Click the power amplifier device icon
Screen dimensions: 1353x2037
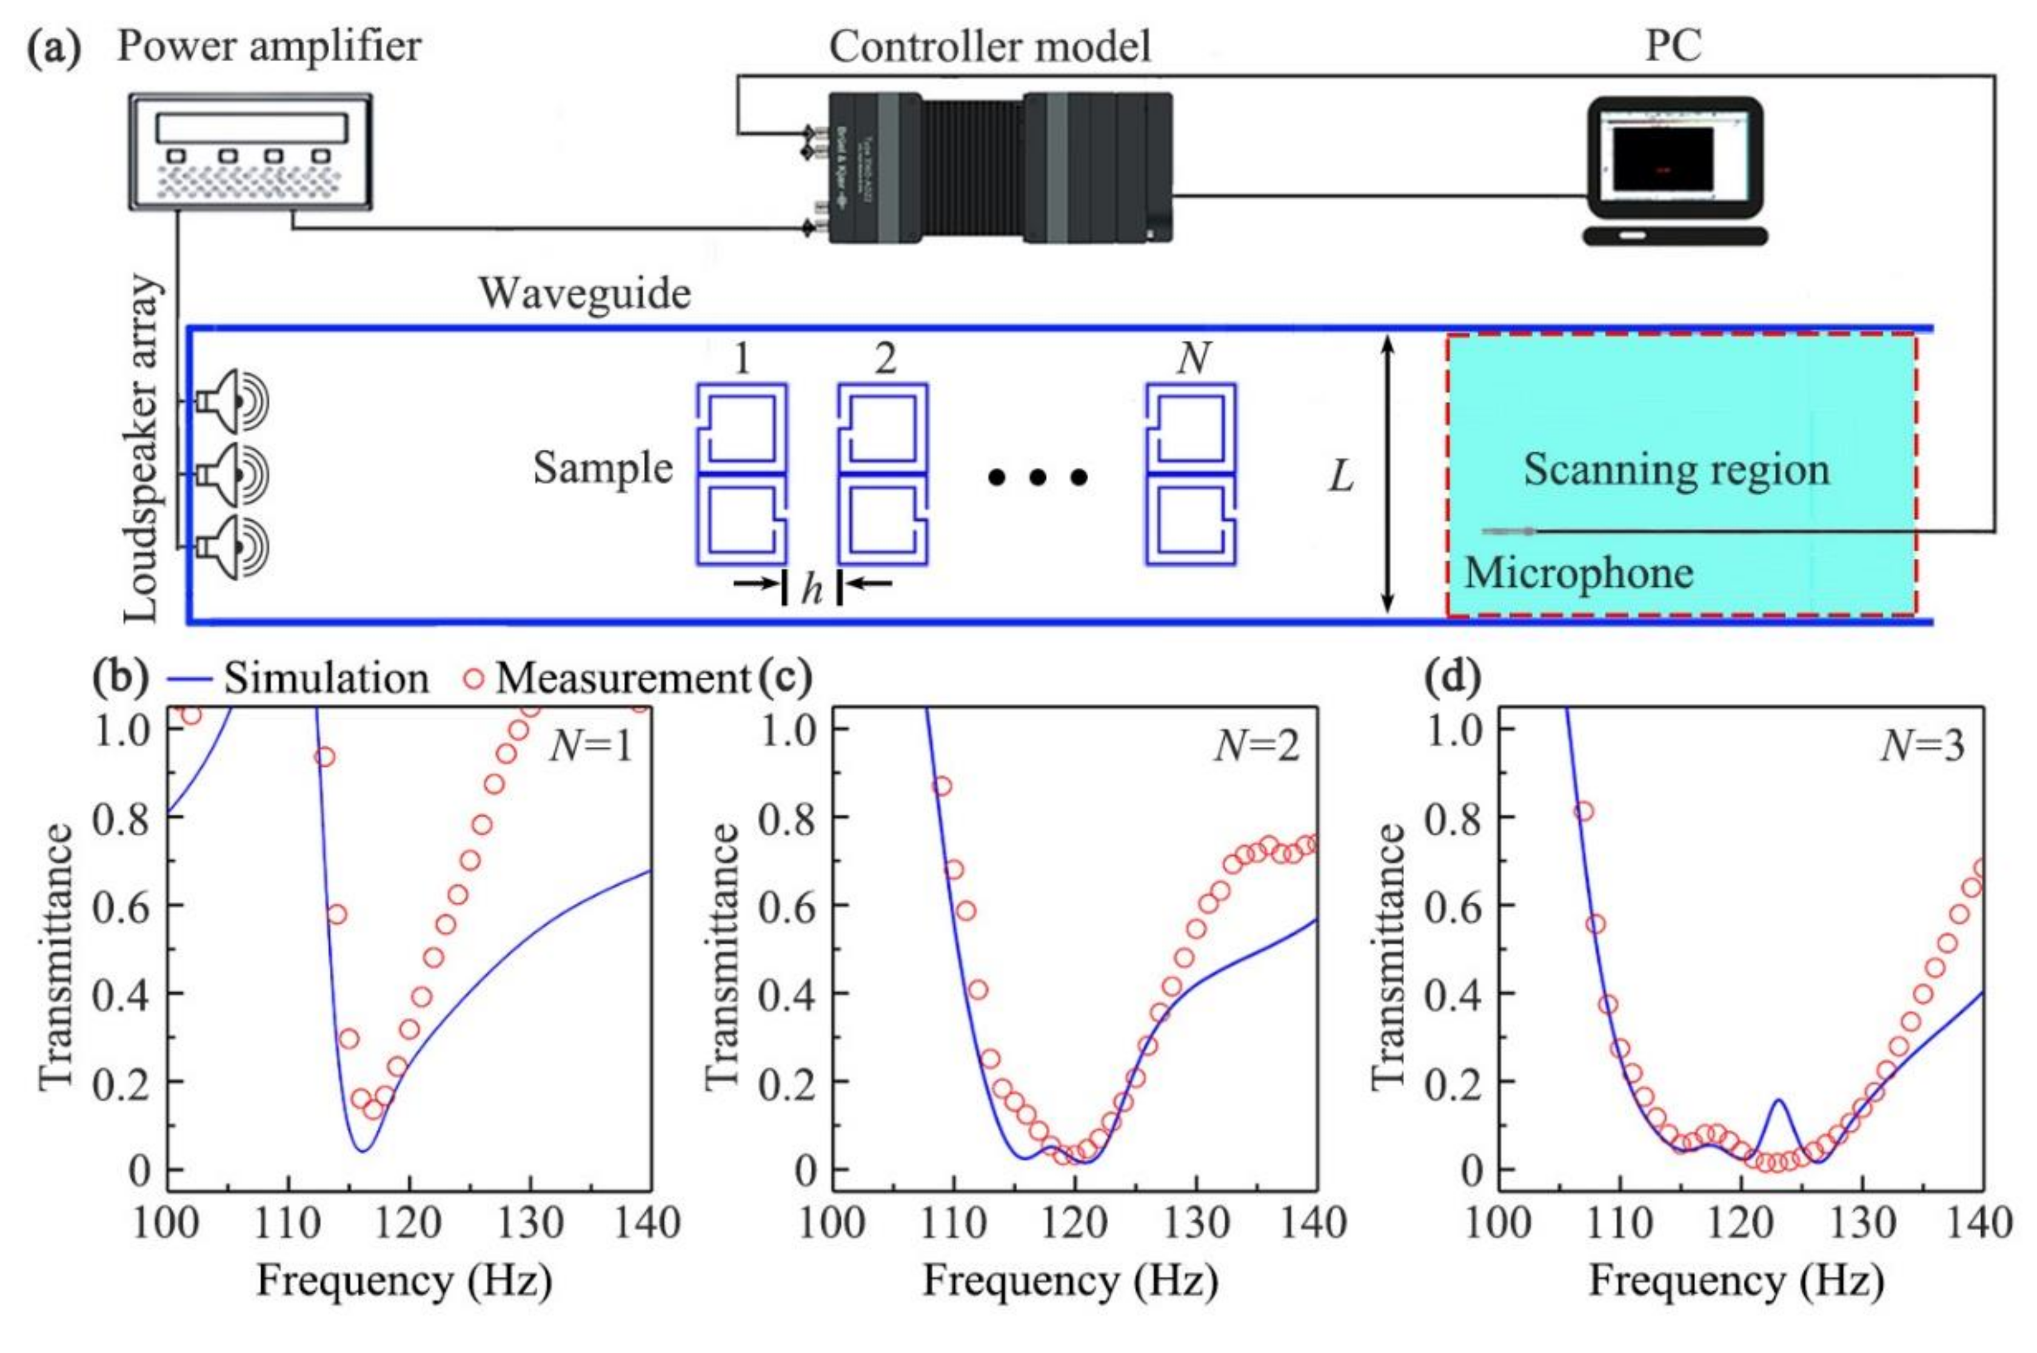pos(250,151)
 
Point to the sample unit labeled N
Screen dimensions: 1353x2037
pos(1191,475)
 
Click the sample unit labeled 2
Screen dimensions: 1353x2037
pos(883,475)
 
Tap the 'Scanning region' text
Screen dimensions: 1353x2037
pos(1676,470)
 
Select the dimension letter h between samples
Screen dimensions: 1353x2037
pos(811,589)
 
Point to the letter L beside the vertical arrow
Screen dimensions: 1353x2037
pos(1340,477)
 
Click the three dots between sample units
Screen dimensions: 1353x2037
pos(1037,477)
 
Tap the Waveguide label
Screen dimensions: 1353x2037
pos(585,294)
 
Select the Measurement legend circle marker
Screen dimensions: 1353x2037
pos(473,679)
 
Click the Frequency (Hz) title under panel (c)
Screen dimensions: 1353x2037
pos(1070,1280)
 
